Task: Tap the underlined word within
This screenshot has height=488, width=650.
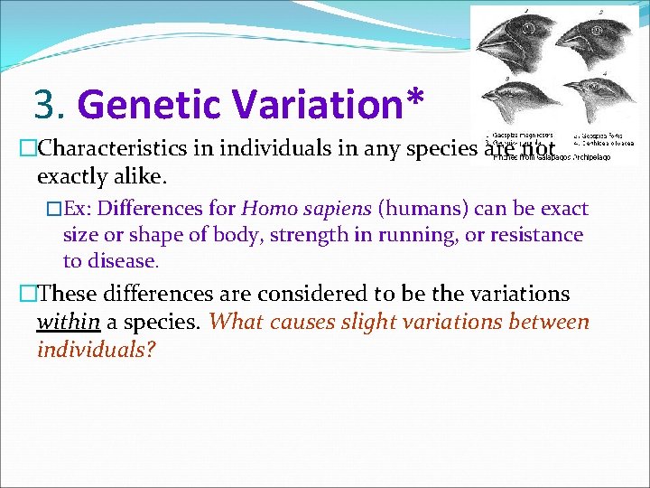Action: click(x=68, y=323)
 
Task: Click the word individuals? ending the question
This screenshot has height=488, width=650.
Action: click(x=96, y=350)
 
